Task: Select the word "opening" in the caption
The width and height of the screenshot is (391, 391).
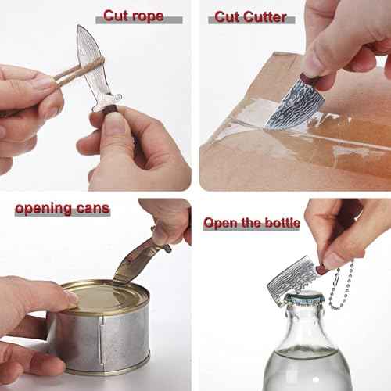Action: point(44,209)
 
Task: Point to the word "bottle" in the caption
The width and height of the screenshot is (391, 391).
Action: point(282,223)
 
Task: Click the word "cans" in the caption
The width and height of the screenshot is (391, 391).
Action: point(93,209)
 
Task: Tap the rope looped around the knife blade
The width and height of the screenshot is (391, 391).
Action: point(78,69)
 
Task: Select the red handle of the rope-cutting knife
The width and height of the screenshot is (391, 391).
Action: point(109,109)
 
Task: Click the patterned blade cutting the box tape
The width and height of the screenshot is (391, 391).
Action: point(295,106)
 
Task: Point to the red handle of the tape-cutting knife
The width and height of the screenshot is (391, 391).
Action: point(310,81)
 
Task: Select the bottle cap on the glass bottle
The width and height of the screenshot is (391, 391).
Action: point(305,299)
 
